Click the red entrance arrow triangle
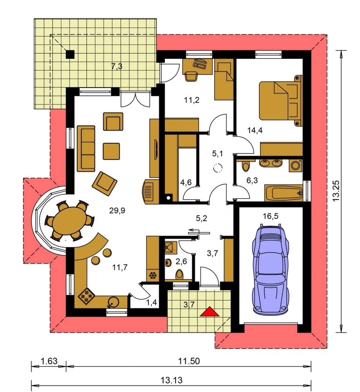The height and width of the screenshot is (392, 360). click(209, 312)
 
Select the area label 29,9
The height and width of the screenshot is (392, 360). click(117, 210)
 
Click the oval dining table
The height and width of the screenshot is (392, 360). click(69, 221)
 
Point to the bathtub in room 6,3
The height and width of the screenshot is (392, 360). click(284, 193)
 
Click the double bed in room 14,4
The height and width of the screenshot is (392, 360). click(280, 100)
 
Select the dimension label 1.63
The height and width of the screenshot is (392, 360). click(49, 361)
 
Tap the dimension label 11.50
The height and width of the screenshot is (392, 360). click(189, 361)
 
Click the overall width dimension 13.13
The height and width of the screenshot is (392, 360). click(171, 380)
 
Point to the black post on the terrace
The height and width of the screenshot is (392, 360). click(70, 54)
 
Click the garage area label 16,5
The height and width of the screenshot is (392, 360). click(271, 216)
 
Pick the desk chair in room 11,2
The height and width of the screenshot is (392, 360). click(191, 75)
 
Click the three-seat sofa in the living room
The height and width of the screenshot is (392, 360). click(86, 149)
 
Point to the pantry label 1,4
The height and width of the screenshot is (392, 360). click(151, 302)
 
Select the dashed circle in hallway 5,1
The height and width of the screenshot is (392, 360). click(217, 168)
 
